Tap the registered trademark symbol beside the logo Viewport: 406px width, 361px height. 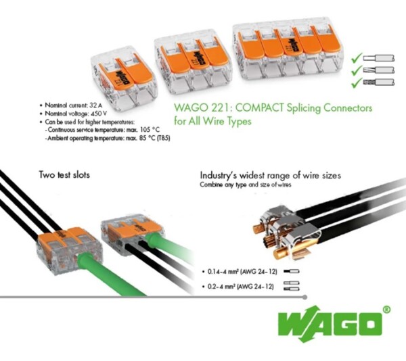[386, 309]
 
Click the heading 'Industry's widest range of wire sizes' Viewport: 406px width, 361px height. [270, 175]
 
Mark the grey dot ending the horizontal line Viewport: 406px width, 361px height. [307, 297]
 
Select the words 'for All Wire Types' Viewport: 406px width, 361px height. [212, 122]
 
